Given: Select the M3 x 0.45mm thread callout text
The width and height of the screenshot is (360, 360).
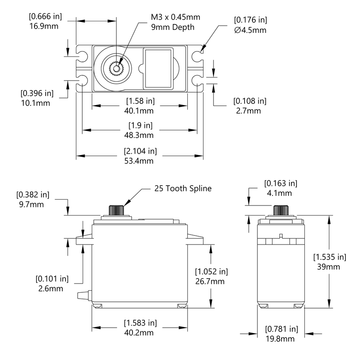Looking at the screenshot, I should click(175, 17).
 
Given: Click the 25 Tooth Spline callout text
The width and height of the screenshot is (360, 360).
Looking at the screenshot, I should click(183, 189).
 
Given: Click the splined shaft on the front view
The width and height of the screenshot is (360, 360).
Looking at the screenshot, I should click(118, 210).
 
